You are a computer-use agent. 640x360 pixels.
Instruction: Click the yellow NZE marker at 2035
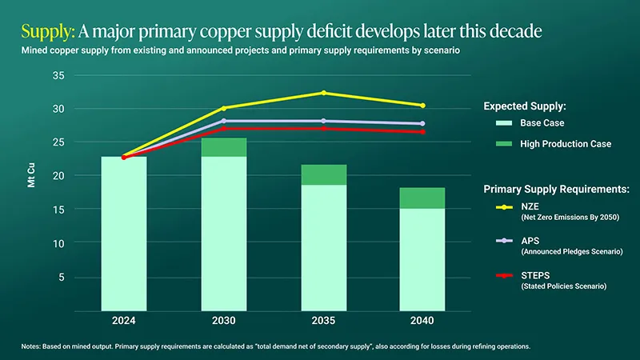coord(323,93)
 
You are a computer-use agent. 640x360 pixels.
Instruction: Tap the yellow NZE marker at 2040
coord(422,106)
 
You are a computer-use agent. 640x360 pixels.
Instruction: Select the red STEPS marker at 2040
coord(422,132)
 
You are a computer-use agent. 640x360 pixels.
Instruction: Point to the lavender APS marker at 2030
coord(224,121)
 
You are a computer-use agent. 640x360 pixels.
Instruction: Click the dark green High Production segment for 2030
coord(224,147)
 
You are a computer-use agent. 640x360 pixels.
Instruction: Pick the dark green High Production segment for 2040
coord(422,198)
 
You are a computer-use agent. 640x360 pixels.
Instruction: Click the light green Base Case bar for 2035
coord(323,247)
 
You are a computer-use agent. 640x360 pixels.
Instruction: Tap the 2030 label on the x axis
coord(224,321)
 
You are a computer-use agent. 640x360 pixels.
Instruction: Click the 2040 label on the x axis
coord(422,321)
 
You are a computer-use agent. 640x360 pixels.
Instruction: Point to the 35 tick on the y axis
coord(58,75)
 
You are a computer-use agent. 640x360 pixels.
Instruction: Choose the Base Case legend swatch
coord(504,123)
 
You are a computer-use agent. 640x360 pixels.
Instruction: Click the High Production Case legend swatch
coord(504,144)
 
